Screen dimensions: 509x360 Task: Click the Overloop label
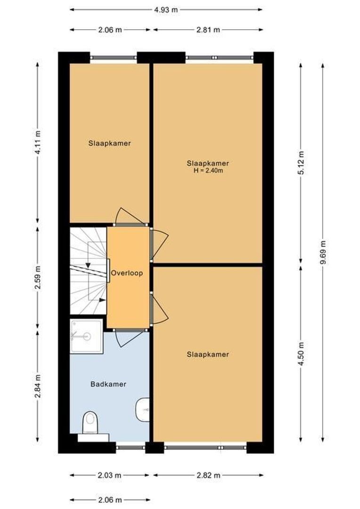126,273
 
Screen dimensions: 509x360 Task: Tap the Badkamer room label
108,384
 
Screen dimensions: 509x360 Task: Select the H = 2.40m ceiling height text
208,171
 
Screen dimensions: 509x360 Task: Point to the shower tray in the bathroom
86,336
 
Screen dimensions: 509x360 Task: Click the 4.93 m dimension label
166,9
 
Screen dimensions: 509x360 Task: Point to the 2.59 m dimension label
38,278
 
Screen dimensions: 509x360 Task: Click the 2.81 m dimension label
208,30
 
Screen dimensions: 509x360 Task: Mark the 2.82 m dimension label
208,475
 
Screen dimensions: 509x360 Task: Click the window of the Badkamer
131,444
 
